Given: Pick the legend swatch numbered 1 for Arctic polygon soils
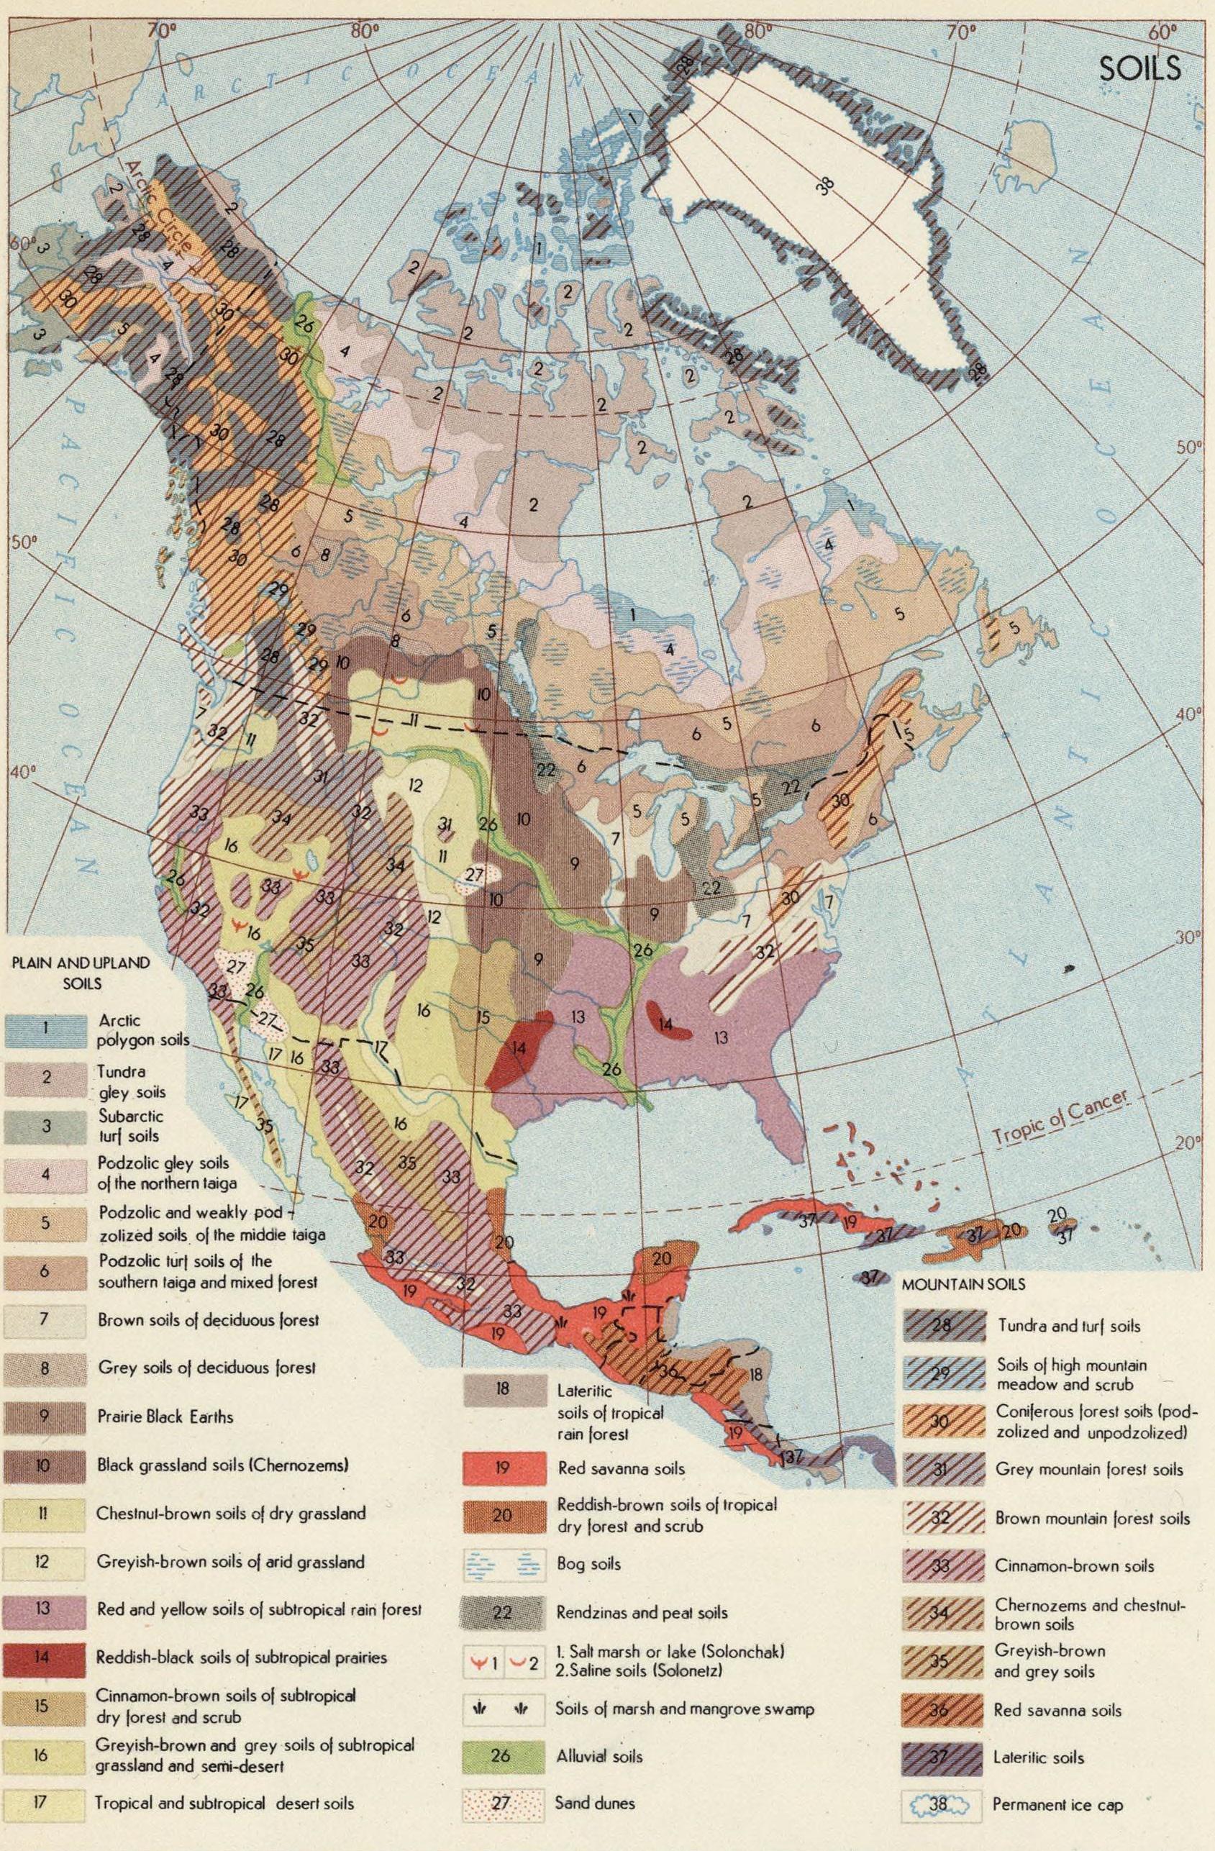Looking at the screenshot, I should coord(42,1028).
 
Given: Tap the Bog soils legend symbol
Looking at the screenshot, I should coord(501,1563).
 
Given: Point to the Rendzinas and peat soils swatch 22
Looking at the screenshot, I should coord(501,1611).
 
